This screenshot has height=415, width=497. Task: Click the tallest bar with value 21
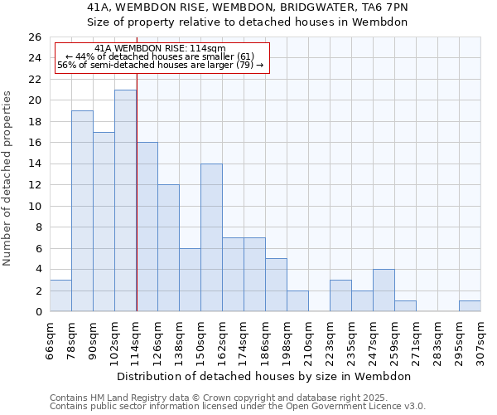pos(125,201)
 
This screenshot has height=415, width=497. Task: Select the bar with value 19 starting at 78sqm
pos(82,211)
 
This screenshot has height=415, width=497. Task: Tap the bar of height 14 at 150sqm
pos(211,237)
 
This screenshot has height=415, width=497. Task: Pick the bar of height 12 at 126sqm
pos(168,248)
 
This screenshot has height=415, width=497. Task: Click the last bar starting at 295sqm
pos(470,306)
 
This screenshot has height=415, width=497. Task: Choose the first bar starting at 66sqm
pos(60,295)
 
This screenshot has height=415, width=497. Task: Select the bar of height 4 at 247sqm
pos(384,290)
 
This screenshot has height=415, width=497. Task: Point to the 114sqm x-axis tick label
pos(137,340)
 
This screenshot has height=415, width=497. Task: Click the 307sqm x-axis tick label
pos(481,340)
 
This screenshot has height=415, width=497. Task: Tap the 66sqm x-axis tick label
pos(51,340)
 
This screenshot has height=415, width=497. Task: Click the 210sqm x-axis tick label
pos(309,340)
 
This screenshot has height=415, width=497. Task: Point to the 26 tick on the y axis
pos(34,37)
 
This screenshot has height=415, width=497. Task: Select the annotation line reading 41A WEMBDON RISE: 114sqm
pos(160,49)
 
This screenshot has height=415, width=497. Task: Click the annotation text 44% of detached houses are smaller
pos(160,56)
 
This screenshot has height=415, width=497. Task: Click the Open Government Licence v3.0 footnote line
pos(238,407)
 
